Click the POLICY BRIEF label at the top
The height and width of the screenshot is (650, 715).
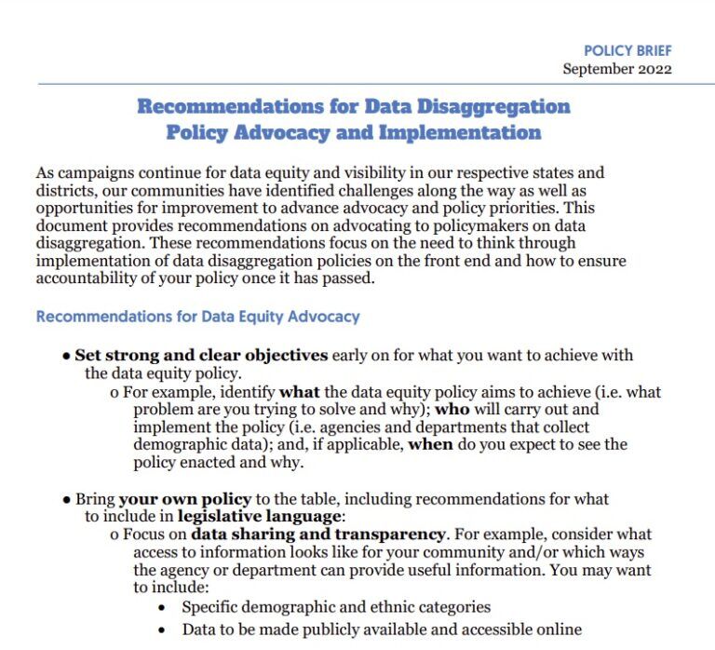(x=627, y=50)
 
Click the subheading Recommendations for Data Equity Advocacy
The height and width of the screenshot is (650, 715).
(x=197, y=317)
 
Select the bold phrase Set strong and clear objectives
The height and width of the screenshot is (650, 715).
(x=201, y=356)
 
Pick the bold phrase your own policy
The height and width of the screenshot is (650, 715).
(x=172, y=499)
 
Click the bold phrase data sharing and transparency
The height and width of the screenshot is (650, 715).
(x=317, y=535)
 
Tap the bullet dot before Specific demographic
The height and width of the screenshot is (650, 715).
(x=163, y=607)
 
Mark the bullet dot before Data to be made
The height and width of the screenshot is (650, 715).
(x=163, y=630)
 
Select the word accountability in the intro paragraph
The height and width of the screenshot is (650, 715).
(x=84, y=278)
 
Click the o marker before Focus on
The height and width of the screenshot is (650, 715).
(x=114, y=535)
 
